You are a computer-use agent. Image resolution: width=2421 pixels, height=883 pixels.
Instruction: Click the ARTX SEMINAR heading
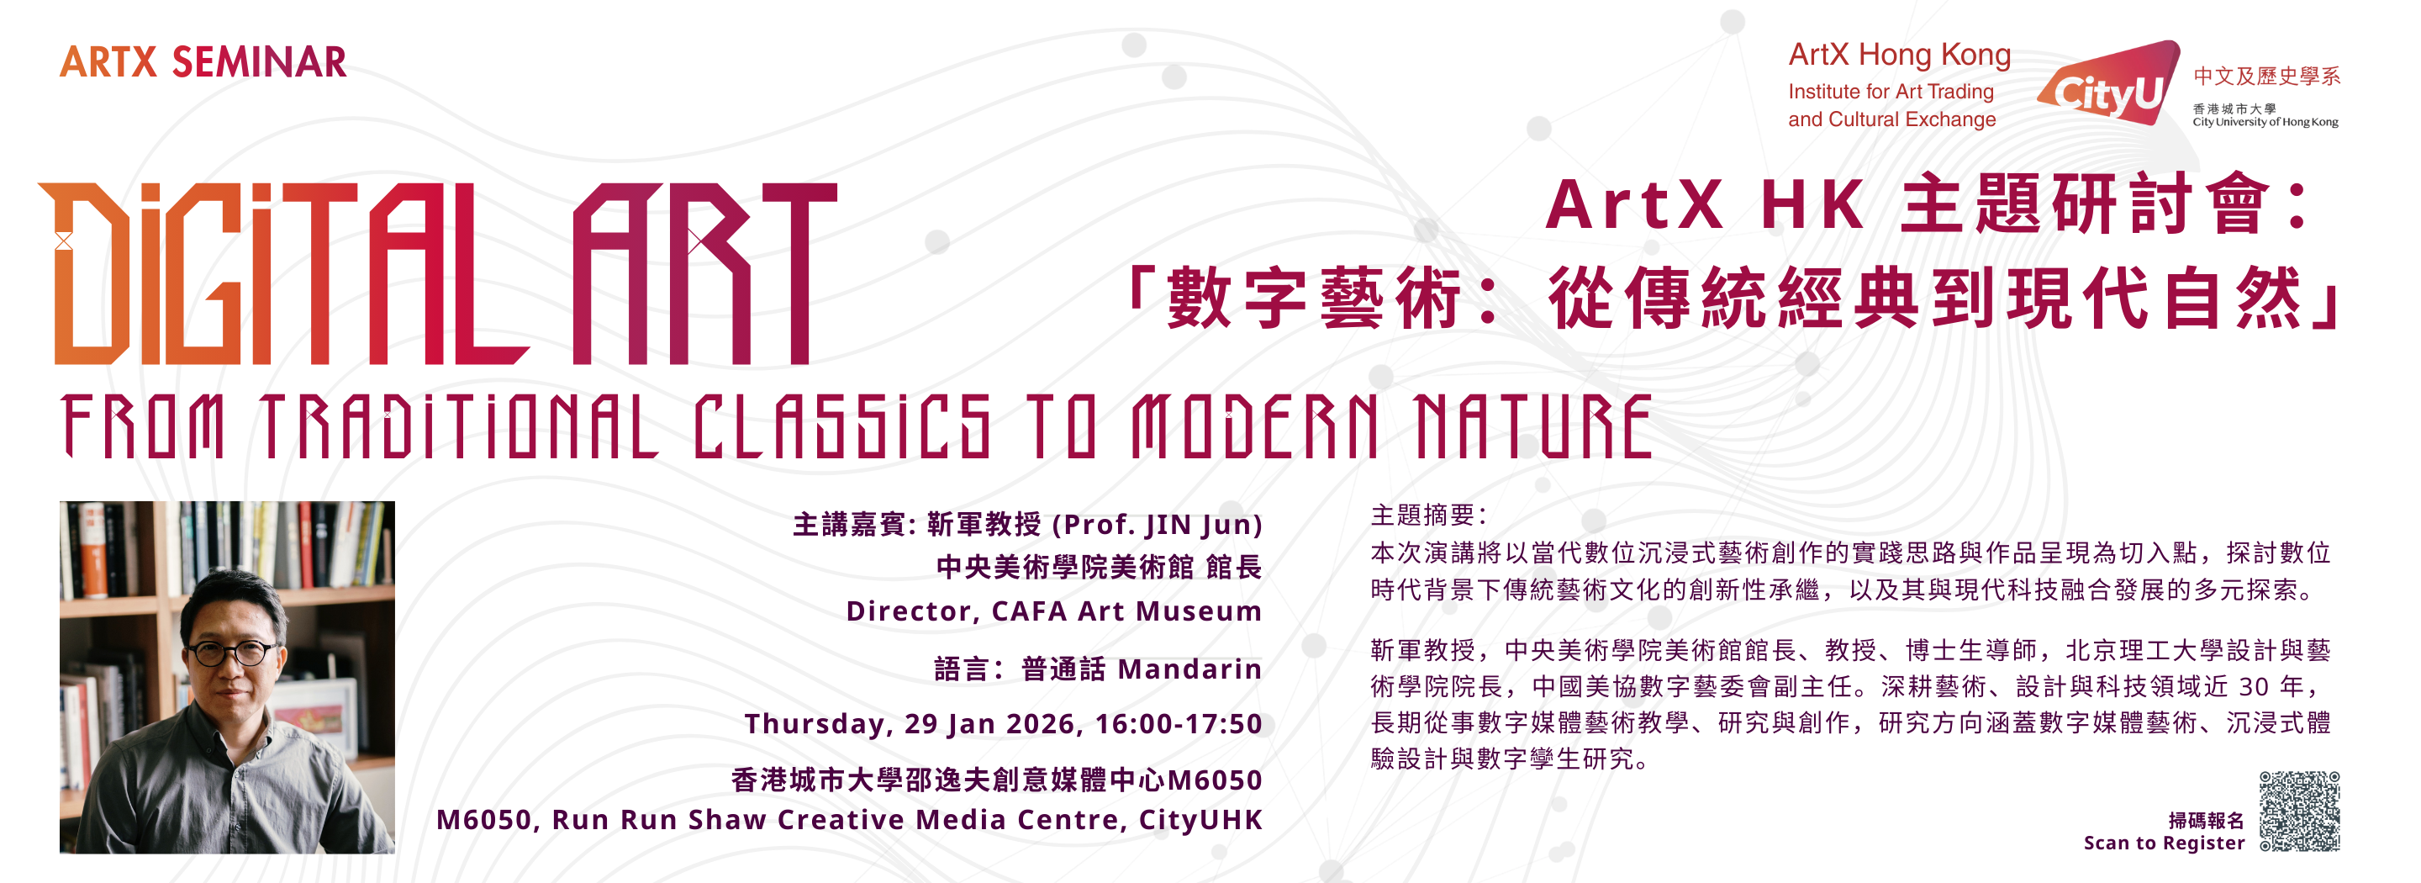pyautogui.click(x=203, y=62)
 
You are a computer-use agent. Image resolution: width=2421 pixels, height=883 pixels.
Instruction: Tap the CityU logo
pyautogui.click(x=2109, y=85)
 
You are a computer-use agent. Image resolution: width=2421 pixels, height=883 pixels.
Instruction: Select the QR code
pyautogui.click(x=2299, y=811)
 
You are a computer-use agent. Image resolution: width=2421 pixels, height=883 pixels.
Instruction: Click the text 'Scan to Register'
pyautogui.click(x=2164, y=843)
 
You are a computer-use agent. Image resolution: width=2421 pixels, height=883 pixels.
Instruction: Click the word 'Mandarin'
pyautogui.click(x=1189, y=669)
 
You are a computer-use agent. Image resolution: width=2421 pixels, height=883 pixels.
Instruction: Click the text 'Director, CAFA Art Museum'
pyautogui.click(x=1053, y=611)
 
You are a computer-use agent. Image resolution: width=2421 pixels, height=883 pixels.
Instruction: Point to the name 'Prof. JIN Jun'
pyautogui.click(x=1163, y=524)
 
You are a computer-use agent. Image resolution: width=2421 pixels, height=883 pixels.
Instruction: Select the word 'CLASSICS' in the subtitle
pyautogui.click(x=842, y=426)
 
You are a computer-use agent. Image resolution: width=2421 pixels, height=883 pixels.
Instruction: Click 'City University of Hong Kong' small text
pyautogui.click(x=2265, y=122)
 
